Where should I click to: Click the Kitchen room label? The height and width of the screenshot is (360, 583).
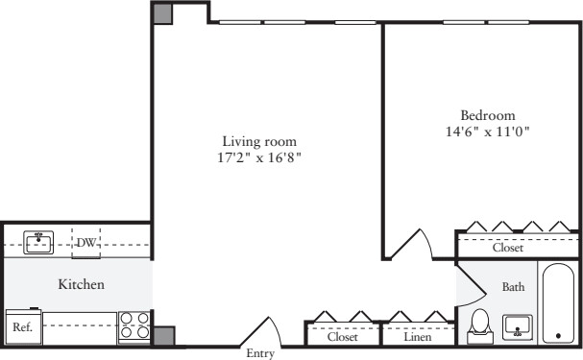click(81, 284)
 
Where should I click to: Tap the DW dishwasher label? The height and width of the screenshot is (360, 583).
click(85, 243)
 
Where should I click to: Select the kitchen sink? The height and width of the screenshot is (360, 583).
click(38, 243)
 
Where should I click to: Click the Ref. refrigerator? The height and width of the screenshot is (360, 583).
click(23, 326)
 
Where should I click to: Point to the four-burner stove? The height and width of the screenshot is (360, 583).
click(134, 326)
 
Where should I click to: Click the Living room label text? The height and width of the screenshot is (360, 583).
click(259, 141)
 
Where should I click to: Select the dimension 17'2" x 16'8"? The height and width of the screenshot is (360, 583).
click(258, 157)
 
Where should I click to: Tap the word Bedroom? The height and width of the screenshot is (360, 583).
click(488, 115)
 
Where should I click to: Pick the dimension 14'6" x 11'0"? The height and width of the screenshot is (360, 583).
click(488, 132)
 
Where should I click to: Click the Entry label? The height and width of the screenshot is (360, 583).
click(260, 353)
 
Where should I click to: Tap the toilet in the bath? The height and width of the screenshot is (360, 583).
click(480, 326)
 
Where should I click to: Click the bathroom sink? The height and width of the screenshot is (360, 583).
click(517, 327)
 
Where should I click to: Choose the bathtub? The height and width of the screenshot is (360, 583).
click(558, 303)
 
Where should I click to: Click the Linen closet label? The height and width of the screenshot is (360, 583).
click(418, 337)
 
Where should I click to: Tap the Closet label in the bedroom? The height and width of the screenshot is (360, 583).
click(508, 248)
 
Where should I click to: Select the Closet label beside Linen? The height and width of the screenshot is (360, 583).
click(343, 337)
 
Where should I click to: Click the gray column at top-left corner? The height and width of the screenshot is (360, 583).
click(163, 14)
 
